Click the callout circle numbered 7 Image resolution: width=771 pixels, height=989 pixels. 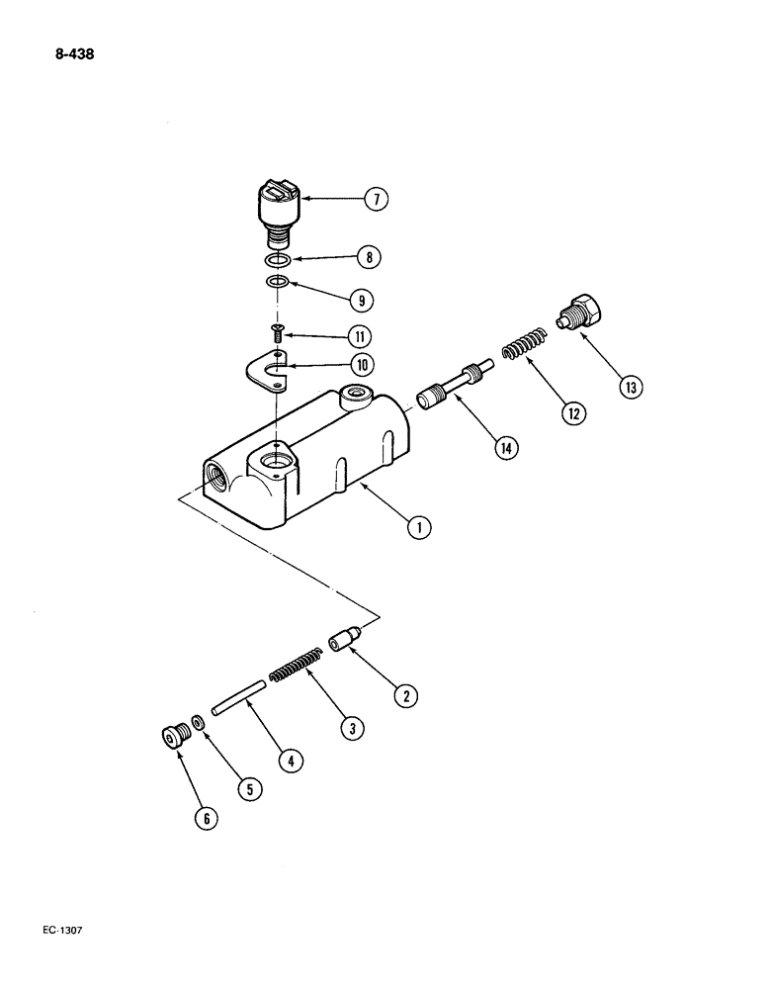(375, 200)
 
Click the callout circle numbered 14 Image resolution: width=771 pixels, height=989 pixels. (507, 448)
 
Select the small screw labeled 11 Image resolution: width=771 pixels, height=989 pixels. (278, 337)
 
